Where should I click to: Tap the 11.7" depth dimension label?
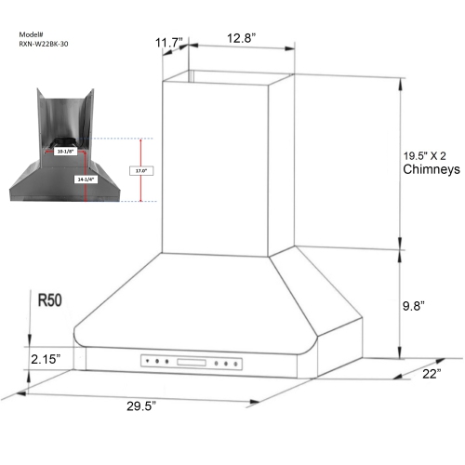coord(169,41)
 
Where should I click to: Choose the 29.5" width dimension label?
coord(137,406)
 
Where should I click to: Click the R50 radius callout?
coord(51,300)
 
